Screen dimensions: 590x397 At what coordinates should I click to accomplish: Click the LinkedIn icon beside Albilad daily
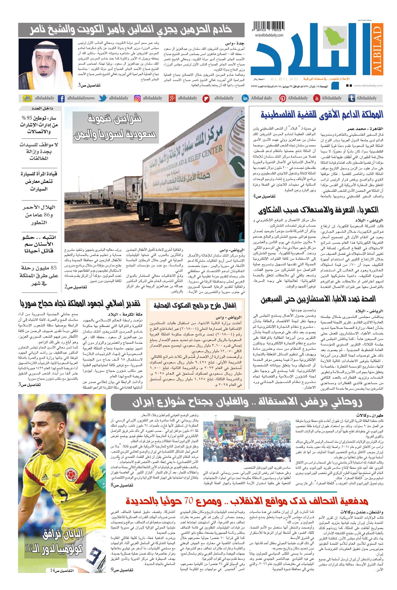245,98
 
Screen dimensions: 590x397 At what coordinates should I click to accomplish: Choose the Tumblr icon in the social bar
351,98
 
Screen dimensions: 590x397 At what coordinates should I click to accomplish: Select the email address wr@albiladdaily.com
268,35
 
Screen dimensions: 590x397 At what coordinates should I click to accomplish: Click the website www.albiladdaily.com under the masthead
368,85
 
